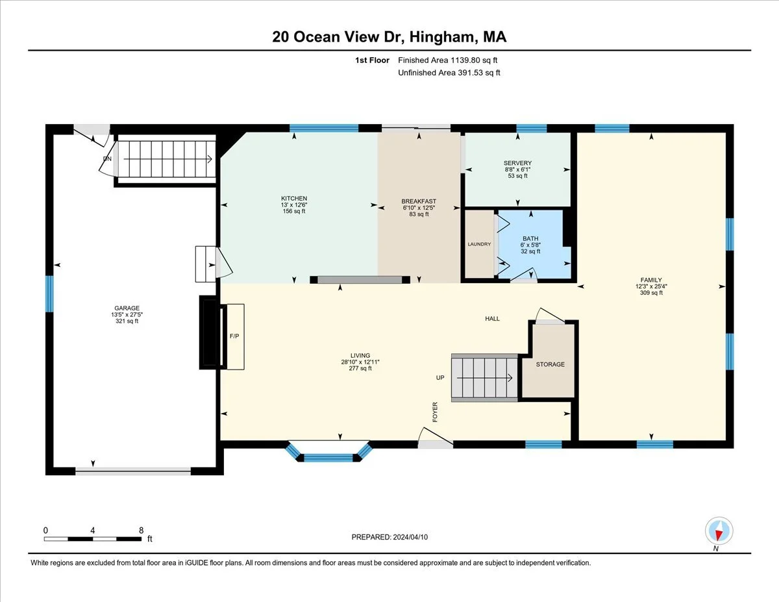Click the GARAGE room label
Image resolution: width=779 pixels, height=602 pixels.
click(127, 308)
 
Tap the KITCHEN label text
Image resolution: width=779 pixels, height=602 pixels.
click(294, 198)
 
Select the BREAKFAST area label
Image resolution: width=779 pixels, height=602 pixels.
click(419, 201)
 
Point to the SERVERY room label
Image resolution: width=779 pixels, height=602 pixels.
click(517, 163)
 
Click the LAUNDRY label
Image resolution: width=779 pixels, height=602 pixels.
click(479, 244)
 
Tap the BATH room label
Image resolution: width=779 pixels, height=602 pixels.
click(530, 239)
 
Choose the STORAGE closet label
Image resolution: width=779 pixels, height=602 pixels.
click(550, 364)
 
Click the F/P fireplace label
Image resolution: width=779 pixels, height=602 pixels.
click(234, 336)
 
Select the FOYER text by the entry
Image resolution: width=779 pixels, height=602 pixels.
click(435, 412)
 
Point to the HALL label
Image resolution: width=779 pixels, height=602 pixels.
click(492, 319)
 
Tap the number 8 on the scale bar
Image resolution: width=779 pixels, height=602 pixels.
click(142, 531)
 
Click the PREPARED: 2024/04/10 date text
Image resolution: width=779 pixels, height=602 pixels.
click(389, 537)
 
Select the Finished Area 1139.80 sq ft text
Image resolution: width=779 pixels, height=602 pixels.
click(448, 60)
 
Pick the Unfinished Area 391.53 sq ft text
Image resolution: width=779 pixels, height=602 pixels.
click(449, 73)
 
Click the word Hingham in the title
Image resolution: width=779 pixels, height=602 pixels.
click(443, 37)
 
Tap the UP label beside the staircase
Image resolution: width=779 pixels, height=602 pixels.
click(440, 377)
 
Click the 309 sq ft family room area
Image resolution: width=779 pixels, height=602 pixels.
click(651, 293)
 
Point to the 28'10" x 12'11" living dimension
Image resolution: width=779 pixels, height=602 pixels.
click(360, 362)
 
